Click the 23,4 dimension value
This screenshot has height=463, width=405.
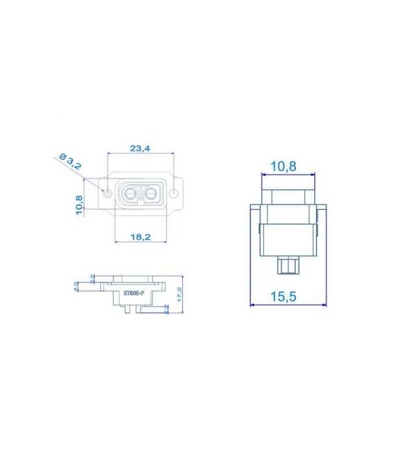click(140, 148)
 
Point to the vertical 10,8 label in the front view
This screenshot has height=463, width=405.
click(79, 205)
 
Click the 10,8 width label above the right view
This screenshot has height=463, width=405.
click(283, 167)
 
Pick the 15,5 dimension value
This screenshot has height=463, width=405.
click(283, 296)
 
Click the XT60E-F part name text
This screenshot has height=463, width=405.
click(134, 293)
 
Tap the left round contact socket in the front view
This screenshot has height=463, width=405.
click(130, 192)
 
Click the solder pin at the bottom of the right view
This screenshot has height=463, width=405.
click(288, 266)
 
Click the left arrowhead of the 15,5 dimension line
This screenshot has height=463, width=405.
click(252, 305)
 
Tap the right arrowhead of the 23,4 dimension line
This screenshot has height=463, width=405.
click(172, 153)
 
